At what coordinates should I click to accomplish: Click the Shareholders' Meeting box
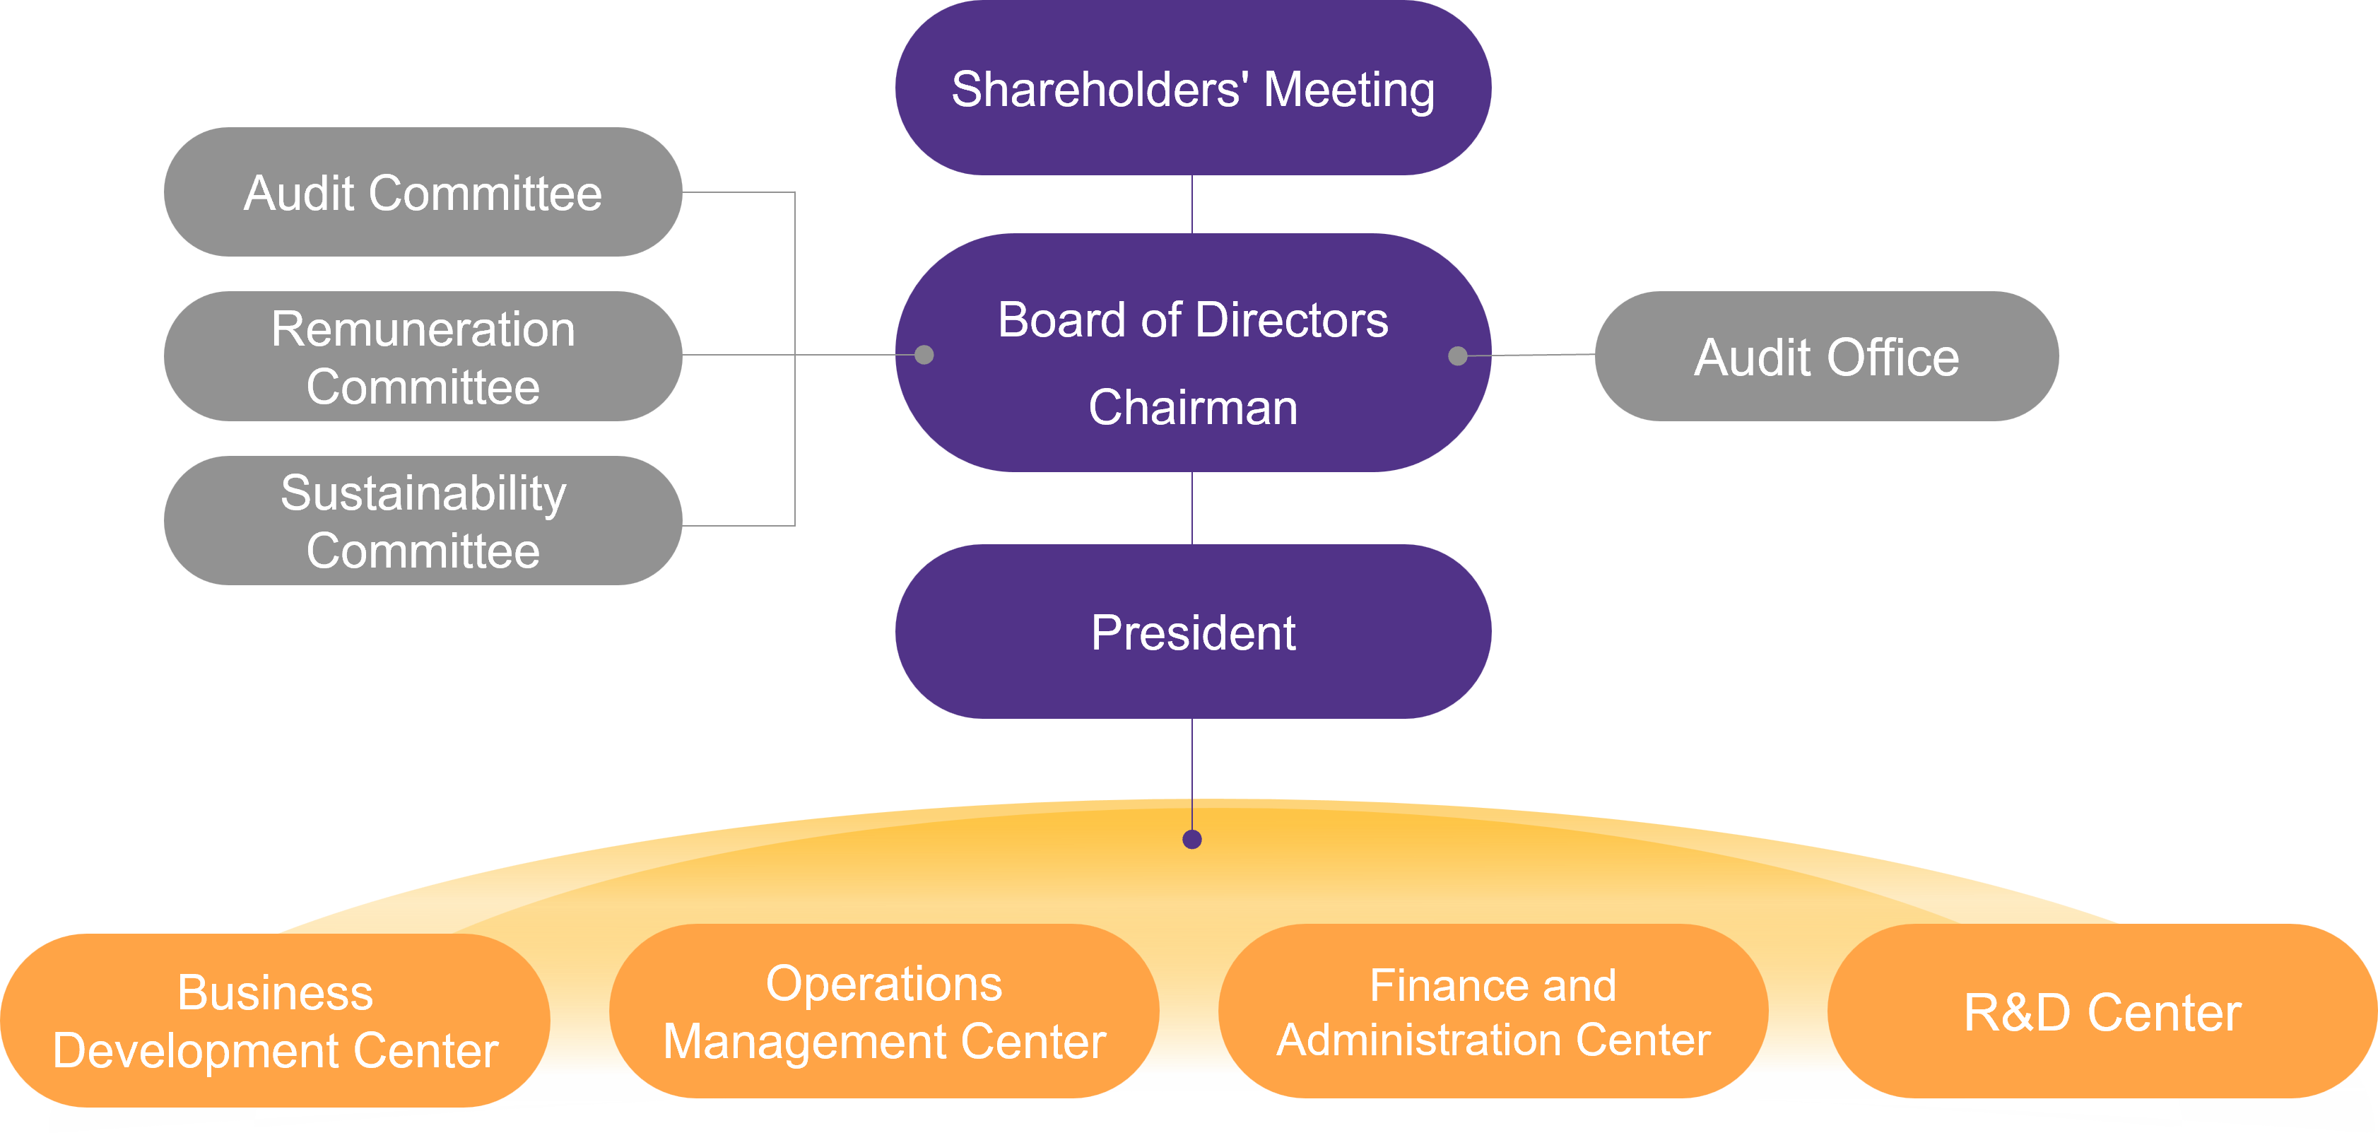(1193, 88)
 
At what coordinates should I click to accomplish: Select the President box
(1193, 632)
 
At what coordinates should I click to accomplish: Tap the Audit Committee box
(423, 192)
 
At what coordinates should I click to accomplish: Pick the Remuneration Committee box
(423, 356)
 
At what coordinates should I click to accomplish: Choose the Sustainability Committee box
(423, 521)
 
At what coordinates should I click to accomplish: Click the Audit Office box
(1826, 356)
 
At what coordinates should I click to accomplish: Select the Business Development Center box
(275, 1021)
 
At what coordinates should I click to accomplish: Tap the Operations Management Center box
(883, 1012)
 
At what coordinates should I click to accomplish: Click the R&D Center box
(2102, 1012)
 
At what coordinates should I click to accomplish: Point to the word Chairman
(1193, 407)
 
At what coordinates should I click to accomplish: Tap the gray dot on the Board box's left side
(924, 355)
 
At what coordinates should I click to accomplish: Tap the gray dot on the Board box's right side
(1458, 356)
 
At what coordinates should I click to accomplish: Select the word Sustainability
(423, 493)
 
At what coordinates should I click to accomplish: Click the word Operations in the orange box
(883, 983)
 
